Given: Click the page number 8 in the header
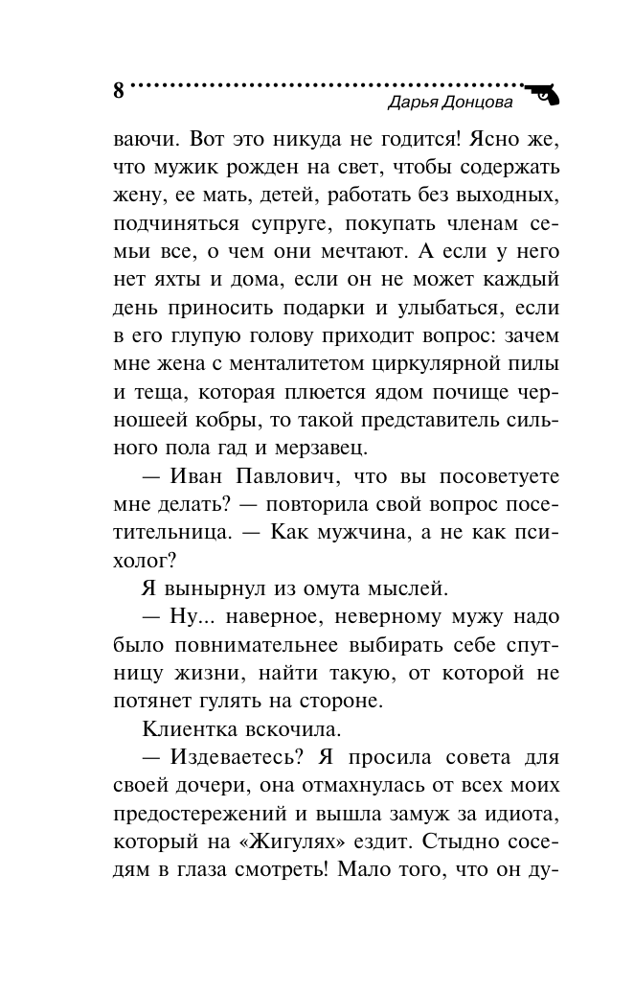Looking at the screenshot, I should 119,92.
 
